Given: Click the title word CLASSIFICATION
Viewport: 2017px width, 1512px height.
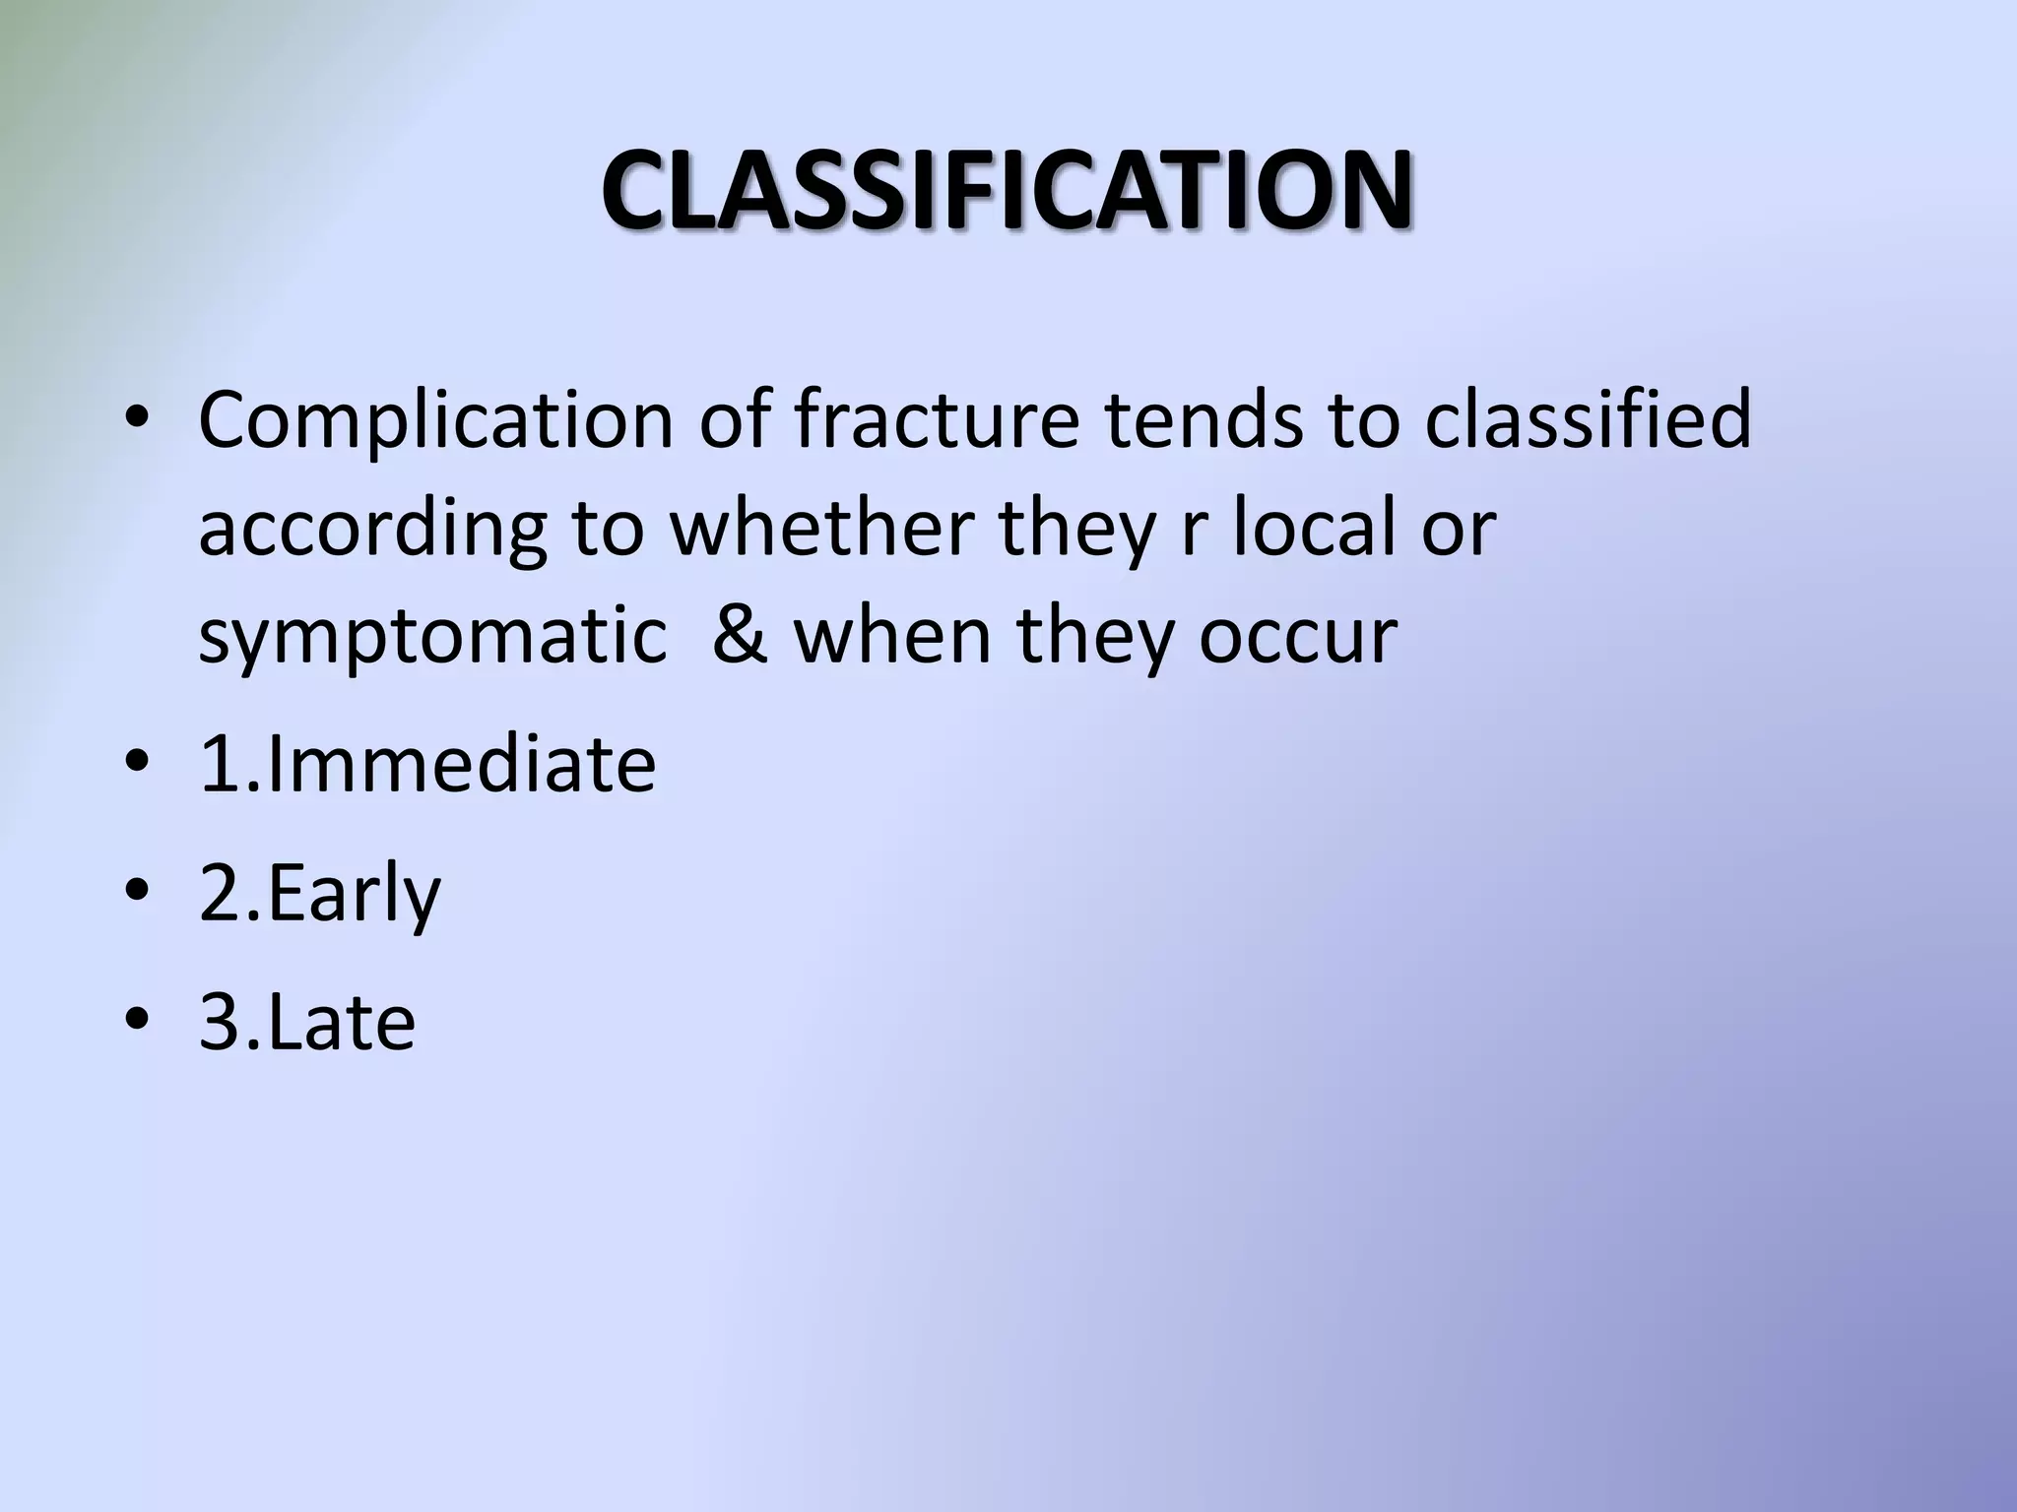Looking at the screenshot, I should (1007, 191).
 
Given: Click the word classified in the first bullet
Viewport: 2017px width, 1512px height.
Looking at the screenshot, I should (1588, 419).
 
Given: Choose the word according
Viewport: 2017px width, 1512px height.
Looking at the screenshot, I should (371, 528).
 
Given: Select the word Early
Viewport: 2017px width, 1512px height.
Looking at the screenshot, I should (353, 894).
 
